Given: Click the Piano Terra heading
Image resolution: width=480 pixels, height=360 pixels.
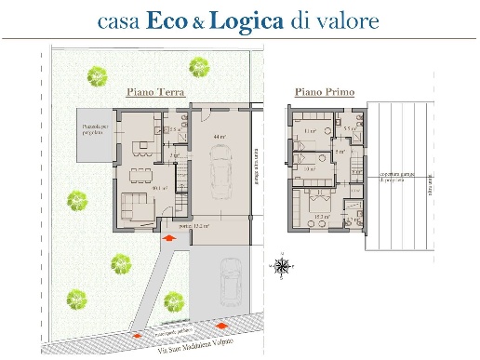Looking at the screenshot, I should (x=155, y=93).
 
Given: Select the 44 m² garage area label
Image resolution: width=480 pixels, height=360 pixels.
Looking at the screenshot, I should (x=221, y=138).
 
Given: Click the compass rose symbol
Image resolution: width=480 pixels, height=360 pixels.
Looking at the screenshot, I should (x=281, y=265).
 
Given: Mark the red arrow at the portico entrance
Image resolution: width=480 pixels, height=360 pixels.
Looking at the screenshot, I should (x=167, y=238).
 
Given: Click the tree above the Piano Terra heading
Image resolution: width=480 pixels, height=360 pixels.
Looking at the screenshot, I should (x=197, y=66).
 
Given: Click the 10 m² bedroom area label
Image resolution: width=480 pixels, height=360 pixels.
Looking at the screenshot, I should (x=309, y=169).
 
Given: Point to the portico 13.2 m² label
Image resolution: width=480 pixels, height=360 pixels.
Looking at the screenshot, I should (x=195, y=226).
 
